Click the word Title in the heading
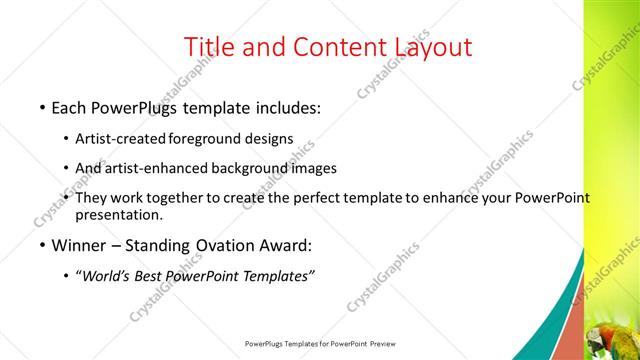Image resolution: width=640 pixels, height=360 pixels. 212,46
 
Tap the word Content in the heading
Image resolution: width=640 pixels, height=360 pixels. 338,46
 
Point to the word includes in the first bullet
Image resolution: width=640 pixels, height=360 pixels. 285,106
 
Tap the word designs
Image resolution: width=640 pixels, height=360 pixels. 268,138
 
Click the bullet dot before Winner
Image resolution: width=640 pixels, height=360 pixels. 42,246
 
